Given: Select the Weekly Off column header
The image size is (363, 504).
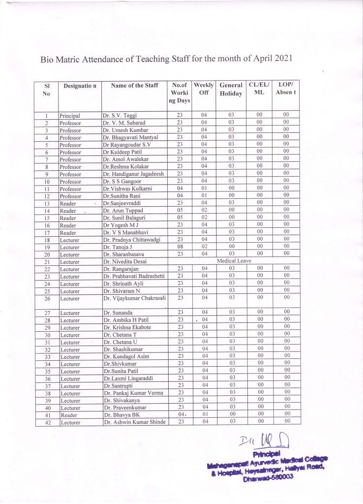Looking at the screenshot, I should coord(203,89).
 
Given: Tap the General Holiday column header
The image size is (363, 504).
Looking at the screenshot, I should coord(231,89).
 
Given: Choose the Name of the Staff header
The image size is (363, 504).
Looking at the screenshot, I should coord(134,86).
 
